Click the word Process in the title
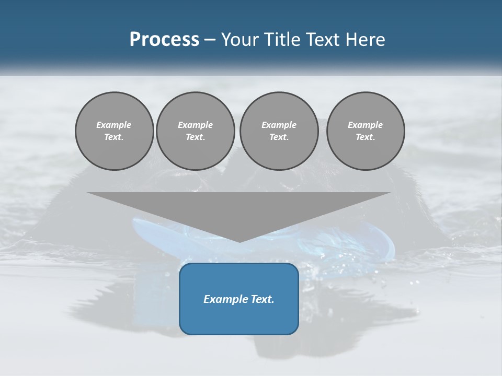click(x=164, y=40)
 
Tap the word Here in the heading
click(x=364, y=40)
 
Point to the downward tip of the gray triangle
click(x=239, y=241)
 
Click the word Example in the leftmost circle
click(x=114, y=125)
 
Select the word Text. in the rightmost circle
click(x=366, y=137)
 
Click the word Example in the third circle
click(x=279, y=125)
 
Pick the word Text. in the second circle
click(x=195, y=137)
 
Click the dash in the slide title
click(x=210, y=40)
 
